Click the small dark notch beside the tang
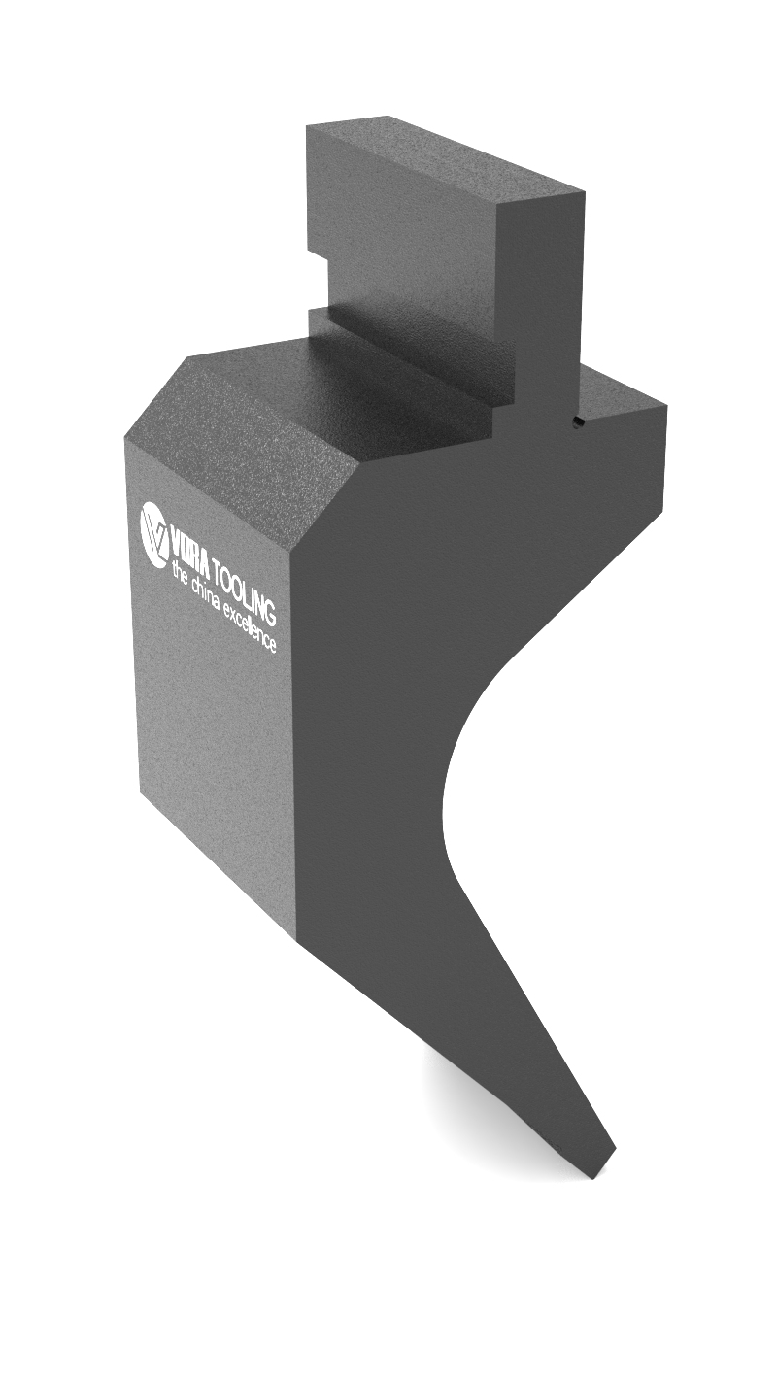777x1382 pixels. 576,421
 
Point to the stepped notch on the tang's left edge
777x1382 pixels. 317,257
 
